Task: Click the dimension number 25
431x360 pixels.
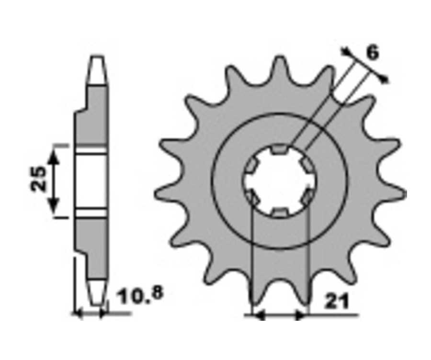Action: coord(38,179)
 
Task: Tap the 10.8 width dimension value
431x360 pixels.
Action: coord(140,295)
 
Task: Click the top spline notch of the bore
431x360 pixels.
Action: coord(279,149)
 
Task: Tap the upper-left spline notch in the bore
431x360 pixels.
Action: coord(252,166)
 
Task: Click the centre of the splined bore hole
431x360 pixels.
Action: coord(280,180)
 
